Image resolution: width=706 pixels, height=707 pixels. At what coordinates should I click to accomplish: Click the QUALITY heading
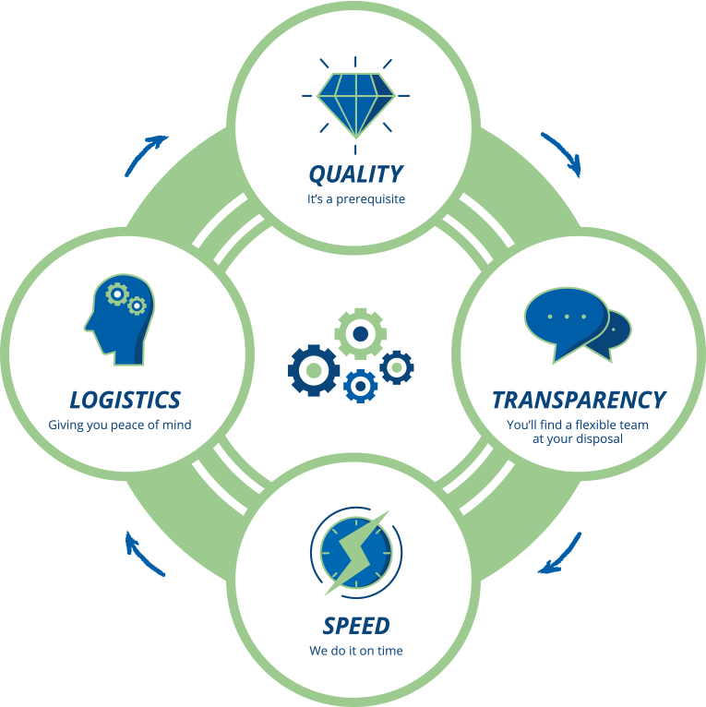(355, 174)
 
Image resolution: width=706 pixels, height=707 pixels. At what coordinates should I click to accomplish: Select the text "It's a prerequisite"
(355, 198)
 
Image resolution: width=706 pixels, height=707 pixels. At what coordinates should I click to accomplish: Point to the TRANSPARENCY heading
(579, 400)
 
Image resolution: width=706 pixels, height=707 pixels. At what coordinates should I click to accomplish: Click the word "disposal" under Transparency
(601, 438)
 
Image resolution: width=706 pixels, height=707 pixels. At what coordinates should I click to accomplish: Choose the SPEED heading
(356, 626)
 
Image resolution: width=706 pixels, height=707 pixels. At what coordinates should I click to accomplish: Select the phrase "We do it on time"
(356, 651)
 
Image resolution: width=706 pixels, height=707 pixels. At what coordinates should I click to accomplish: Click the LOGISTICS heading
(126, 400)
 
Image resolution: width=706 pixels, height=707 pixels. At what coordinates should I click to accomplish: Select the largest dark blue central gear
(314, 369)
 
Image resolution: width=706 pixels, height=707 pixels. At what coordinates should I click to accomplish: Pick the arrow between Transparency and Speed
(561, 554)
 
